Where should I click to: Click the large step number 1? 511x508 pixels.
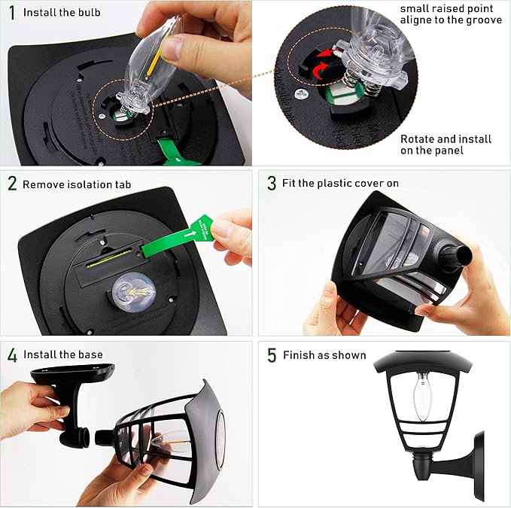coord(12,13)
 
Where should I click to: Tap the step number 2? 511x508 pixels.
coord(12,184)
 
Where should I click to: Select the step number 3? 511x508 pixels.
coord(272,183)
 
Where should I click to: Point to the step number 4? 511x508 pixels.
coord(12,355)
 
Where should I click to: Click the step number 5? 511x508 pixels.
coord(272,355)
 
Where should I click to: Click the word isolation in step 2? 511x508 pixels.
coord(89,184)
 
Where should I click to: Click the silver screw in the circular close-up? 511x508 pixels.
coord(302,95)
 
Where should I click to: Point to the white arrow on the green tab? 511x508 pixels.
coord(190,234)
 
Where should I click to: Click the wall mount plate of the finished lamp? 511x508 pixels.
coord(479,465)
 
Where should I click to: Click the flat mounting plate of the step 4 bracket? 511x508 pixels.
coord(72,373)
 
